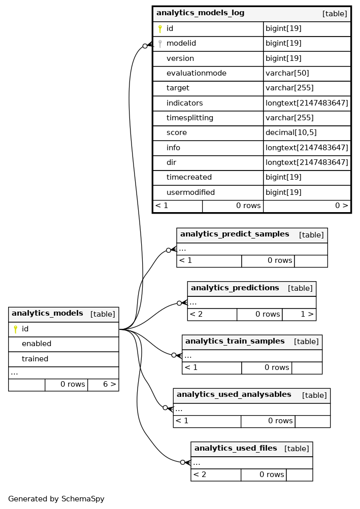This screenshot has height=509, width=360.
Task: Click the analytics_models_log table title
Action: (200, 13)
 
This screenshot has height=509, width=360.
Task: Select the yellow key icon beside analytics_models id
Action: (15, 329)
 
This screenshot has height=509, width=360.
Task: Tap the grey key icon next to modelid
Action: (160, 44)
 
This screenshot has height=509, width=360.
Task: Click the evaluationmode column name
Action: (196, 73)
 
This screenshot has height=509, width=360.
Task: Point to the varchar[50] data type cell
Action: (287, 74)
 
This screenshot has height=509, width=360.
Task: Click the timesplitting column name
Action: (190, 118)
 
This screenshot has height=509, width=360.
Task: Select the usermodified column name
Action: (190, 192)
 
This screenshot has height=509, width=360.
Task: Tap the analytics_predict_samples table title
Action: (235, 234)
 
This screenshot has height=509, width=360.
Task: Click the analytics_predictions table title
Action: (235, 288)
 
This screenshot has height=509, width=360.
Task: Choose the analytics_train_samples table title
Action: (235, 341)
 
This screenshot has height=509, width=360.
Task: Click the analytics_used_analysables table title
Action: (234, 395)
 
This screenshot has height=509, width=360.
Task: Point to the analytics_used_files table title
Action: (236, 448)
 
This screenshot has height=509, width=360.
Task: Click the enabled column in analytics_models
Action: (37, 344)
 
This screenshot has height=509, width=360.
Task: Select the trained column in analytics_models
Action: (35, 359)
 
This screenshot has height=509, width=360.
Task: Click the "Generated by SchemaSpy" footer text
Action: (56, 499)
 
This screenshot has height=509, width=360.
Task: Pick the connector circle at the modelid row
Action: (145, 46)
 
